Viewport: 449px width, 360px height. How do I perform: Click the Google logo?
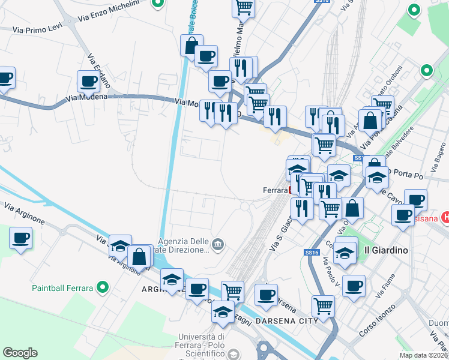pyautogui.click(x=20, y=353)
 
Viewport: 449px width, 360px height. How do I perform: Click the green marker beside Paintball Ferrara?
pyautogui.click(x=103, y=287)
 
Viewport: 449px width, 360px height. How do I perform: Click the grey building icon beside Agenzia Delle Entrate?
pyautogui.click(x=217, y=244)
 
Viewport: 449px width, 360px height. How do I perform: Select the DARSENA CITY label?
pyautogui.click(x=286, y=322)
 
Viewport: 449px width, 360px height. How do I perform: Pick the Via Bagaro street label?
pyautogui.click(x=436, y=151)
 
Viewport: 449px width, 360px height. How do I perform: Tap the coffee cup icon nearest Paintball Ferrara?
pyautogui.click(x=20, y=238)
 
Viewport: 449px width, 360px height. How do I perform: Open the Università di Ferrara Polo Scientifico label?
pyautogui.click(x=205, y=346)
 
